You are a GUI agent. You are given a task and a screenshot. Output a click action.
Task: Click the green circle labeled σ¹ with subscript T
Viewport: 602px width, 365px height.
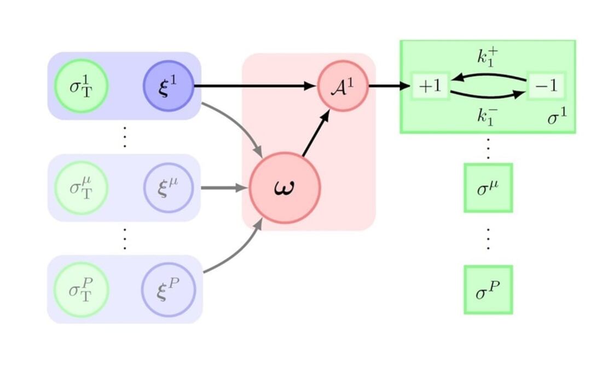click(81, 86)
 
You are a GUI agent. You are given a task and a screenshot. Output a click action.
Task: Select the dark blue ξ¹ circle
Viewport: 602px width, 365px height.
click(169, 86)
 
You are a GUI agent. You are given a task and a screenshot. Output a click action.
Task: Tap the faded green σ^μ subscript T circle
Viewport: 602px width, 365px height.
click(81, 188)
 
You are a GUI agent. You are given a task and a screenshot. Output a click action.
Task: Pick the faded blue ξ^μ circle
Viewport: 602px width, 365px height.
click(169, 188)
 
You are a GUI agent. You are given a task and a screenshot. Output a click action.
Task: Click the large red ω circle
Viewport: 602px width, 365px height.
click(285, 188)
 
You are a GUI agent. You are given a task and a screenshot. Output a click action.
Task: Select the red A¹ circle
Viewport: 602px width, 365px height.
click(343, 86)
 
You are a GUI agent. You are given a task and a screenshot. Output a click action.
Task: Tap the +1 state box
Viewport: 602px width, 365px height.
click(430, 87)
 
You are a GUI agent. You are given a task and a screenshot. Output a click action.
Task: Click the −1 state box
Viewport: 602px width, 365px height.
click(546, 87)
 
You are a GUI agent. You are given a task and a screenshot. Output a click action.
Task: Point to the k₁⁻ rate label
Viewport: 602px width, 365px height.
click(486, 116)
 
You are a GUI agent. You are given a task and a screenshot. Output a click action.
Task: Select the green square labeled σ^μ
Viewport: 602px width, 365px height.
click(488, 187)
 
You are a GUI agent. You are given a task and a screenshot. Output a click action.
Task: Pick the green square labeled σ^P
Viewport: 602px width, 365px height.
click(488, 289)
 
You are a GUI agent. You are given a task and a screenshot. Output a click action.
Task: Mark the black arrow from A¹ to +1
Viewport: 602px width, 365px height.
click(389, 86)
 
